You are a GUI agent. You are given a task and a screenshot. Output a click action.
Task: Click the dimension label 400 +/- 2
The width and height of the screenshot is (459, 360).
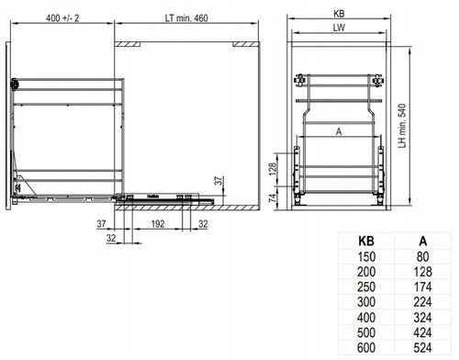[x=62, y=18]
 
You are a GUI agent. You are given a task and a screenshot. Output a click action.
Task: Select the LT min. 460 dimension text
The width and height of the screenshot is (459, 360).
[x=186, y=18]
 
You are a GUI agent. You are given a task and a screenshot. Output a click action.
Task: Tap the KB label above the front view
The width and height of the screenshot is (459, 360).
[x=339, y=14]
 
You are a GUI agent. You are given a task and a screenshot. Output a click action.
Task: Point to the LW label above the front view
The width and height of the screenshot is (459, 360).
[x=339, y=28]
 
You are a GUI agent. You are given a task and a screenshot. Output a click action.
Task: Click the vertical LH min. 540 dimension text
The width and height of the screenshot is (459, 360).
[x=402, y=126]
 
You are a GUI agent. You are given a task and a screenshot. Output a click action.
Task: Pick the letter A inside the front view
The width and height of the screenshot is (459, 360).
[x=339, y=131]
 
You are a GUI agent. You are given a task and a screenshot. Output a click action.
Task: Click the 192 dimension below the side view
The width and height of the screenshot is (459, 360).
[x=158, y=224]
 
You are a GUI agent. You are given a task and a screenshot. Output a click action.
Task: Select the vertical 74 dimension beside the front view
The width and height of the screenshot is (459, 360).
[x=273, y=197]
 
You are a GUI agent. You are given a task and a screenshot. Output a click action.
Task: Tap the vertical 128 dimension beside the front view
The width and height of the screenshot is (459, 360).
[x=273, y=169]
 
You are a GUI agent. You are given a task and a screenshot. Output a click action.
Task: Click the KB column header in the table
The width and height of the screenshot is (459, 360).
[x=366, y=242]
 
